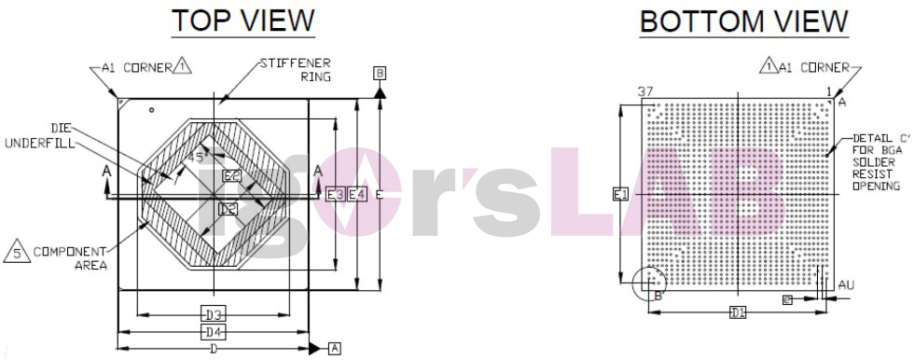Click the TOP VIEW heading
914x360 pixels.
tap(242, 21)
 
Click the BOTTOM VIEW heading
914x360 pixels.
tap(743, 21)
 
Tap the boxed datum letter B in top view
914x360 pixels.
tap(380, 73)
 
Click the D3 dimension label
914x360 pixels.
tap(215, 313)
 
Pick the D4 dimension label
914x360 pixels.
tap(215, 331)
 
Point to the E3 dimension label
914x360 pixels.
tap(335, 194)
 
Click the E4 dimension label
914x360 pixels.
tap(356, 194)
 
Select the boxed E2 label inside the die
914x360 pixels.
tap(231, 175)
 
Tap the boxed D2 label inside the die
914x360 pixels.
tap(228, 210)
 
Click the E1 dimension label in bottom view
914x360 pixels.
tap(620, 194)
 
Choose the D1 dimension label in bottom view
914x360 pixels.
tap(738, 312)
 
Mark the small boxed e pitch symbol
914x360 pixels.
tap(787, 299)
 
